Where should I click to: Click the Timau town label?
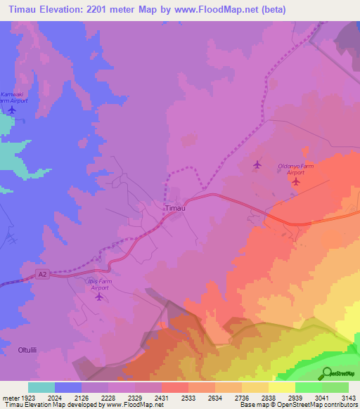click(175, 209)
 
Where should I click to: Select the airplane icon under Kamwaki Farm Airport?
click(12, 110)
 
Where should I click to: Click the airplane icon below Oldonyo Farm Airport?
click(296, 181)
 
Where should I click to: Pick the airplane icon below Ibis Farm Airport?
click(99, 297)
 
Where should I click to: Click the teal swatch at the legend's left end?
click(41, 387)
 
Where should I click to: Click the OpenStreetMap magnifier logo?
click(327, 373)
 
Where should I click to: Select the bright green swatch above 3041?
click(308, 387)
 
